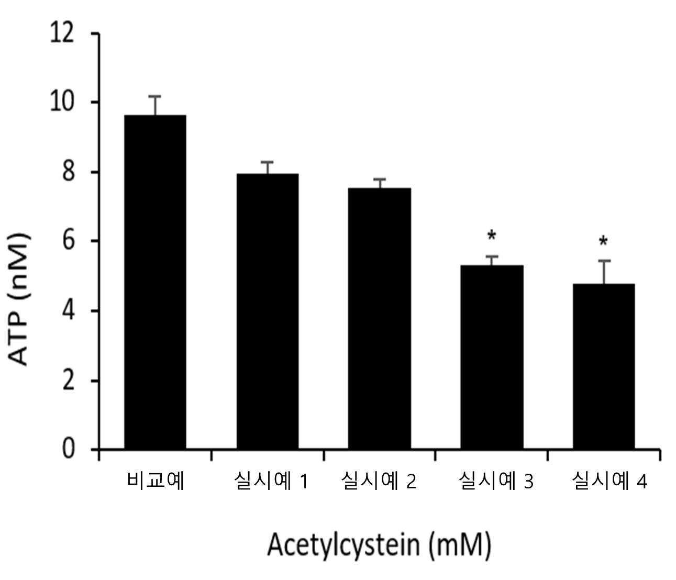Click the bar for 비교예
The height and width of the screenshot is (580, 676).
[155, 282]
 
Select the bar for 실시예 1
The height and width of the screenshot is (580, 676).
[268, 311]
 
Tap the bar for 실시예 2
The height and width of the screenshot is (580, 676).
[380, 318]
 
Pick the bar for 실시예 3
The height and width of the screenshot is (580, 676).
[492, 357]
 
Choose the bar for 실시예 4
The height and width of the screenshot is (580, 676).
[604, 366]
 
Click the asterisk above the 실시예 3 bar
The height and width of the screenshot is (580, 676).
[492, 236]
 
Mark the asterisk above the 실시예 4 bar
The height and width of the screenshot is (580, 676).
[603, 242]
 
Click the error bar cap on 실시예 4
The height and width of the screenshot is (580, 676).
[604, 261]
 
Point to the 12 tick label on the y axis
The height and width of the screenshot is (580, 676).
[62, 34]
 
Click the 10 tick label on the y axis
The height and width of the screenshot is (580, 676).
[62, 102]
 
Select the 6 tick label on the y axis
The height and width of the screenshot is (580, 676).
[68, 241]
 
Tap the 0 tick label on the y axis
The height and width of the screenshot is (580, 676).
[68, 449]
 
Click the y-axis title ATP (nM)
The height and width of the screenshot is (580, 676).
[18, 299]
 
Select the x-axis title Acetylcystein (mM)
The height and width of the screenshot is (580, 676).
[380, 544]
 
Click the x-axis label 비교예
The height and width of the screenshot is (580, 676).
[156, 482]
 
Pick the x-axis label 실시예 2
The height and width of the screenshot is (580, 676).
[379, 482]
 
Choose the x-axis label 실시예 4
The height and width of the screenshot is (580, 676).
[609, 482]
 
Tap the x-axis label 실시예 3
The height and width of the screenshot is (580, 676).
[496, 482]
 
